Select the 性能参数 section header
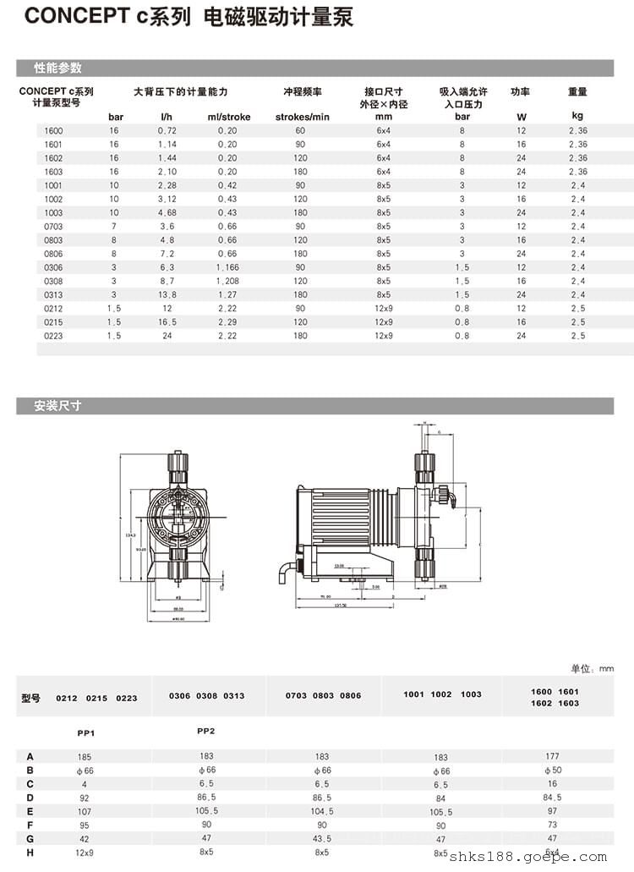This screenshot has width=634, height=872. pos(57,68)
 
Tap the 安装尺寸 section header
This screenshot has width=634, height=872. pos(57,406)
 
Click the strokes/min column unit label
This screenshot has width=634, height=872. pos(302,117)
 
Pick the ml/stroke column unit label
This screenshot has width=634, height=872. pos(227,117)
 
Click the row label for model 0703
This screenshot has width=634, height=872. pos(54,226)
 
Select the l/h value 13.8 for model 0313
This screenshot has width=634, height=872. pos(167,294)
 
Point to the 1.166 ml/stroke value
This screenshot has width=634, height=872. pos(227,267)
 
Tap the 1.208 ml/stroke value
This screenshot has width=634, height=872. pos(227,281)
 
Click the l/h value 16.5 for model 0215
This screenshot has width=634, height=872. pos(167,322)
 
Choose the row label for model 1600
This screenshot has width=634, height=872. pos(54,131)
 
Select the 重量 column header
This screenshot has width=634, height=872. pos(577,91)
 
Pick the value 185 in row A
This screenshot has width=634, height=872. pos(85,756)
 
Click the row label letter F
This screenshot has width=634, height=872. pos(30,824)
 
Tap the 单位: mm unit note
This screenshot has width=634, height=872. pos(593,669)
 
